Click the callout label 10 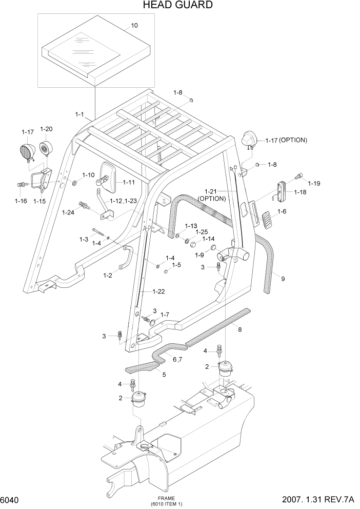[x=134, y=25]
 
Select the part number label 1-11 [x=128, y=182]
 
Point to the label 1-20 [x=46, y=129]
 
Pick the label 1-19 [x=313, y=183]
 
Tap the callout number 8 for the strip [x=239, y=330]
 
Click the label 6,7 [x=176, y=360]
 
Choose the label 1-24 [x=68, y=212]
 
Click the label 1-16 [x=21, y=201]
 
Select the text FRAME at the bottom [x=166, y=498]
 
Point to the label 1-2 [x=108, y=276]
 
